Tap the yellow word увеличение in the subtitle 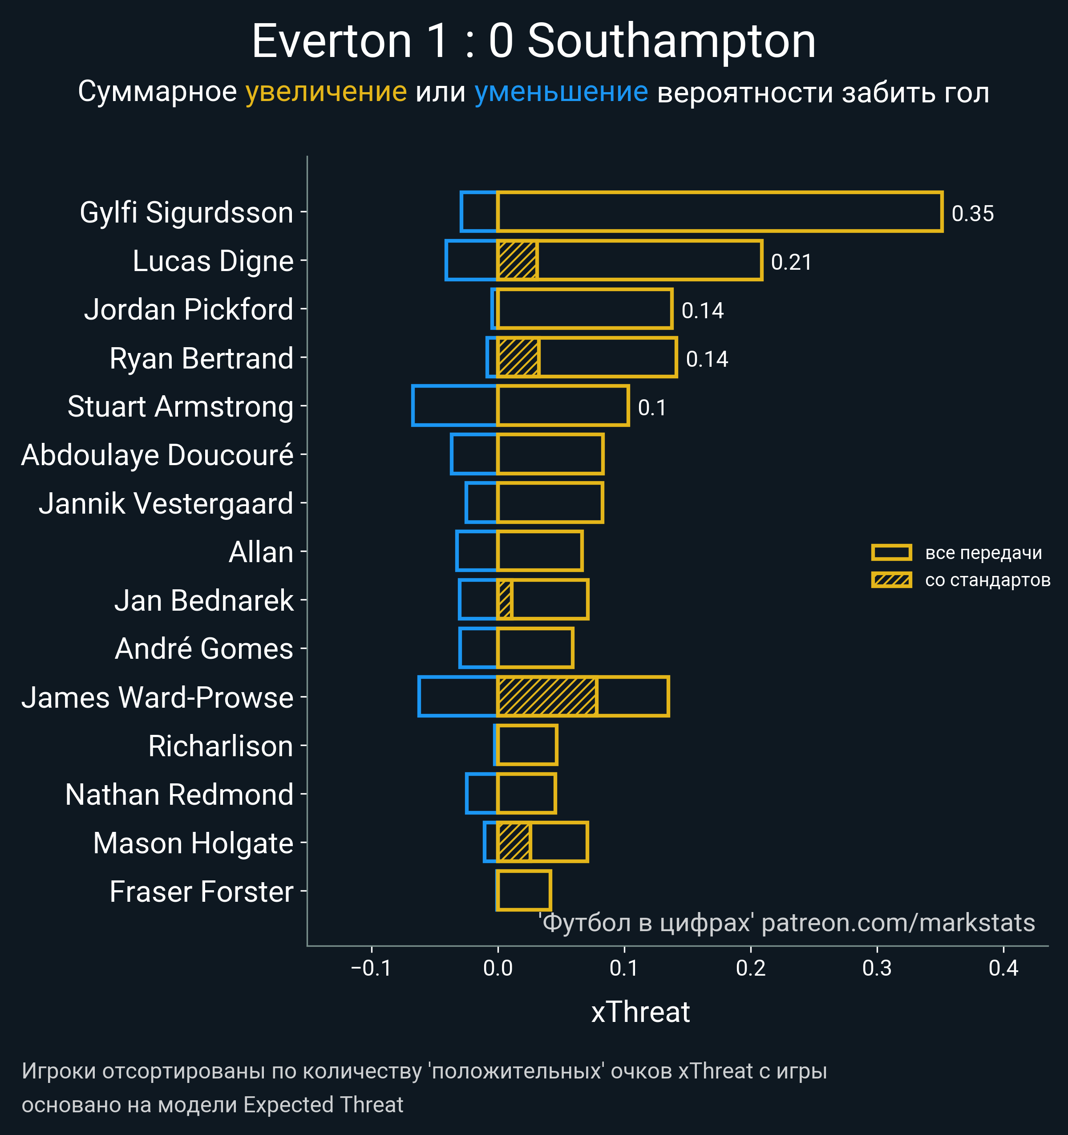pyautogui.click(x=326, y=92)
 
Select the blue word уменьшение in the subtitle pyautogui.click(x=561, y=92)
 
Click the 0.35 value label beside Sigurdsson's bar pyautogui.click(x=973, y=214)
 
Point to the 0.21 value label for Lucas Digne pyautogui.click(x=791, y=262)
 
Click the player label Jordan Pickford pyautogui.click(x=188, y=309)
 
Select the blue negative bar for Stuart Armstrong pyautogui.click(x=454, y=406)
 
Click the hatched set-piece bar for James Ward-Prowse pyautogui.click(x=547, y=697)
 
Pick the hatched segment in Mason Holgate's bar pyautogui.click(x=514, y=842)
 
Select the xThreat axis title pyautogui.click(x=640, y=1012)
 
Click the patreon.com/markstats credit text pyautogui.click(x=898, y=923)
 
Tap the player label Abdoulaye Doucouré pyautogui.click(x=158, y=455)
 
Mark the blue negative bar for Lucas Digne pyautogui.click(x=471, y=261)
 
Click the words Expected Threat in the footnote pyautogui.click(x=323, y=1105)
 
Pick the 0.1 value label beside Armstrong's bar pyautogui.click(x=652, y=408)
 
